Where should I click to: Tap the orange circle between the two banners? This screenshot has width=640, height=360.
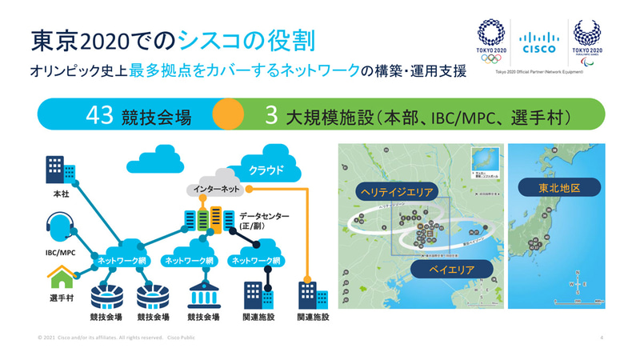pos(228,114)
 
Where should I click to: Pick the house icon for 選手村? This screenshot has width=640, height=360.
pos(60,278)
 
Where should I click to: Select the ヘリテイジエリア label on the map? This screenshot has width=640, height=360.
pos(398,192)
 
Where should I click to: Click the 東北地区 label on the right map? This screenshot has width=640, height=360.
pos(558,188)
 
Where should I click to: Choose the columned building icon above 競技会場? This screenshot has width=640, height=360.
pos(203,295)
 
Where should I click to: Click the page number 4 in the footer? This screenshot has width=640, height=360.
pos(601,338)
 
